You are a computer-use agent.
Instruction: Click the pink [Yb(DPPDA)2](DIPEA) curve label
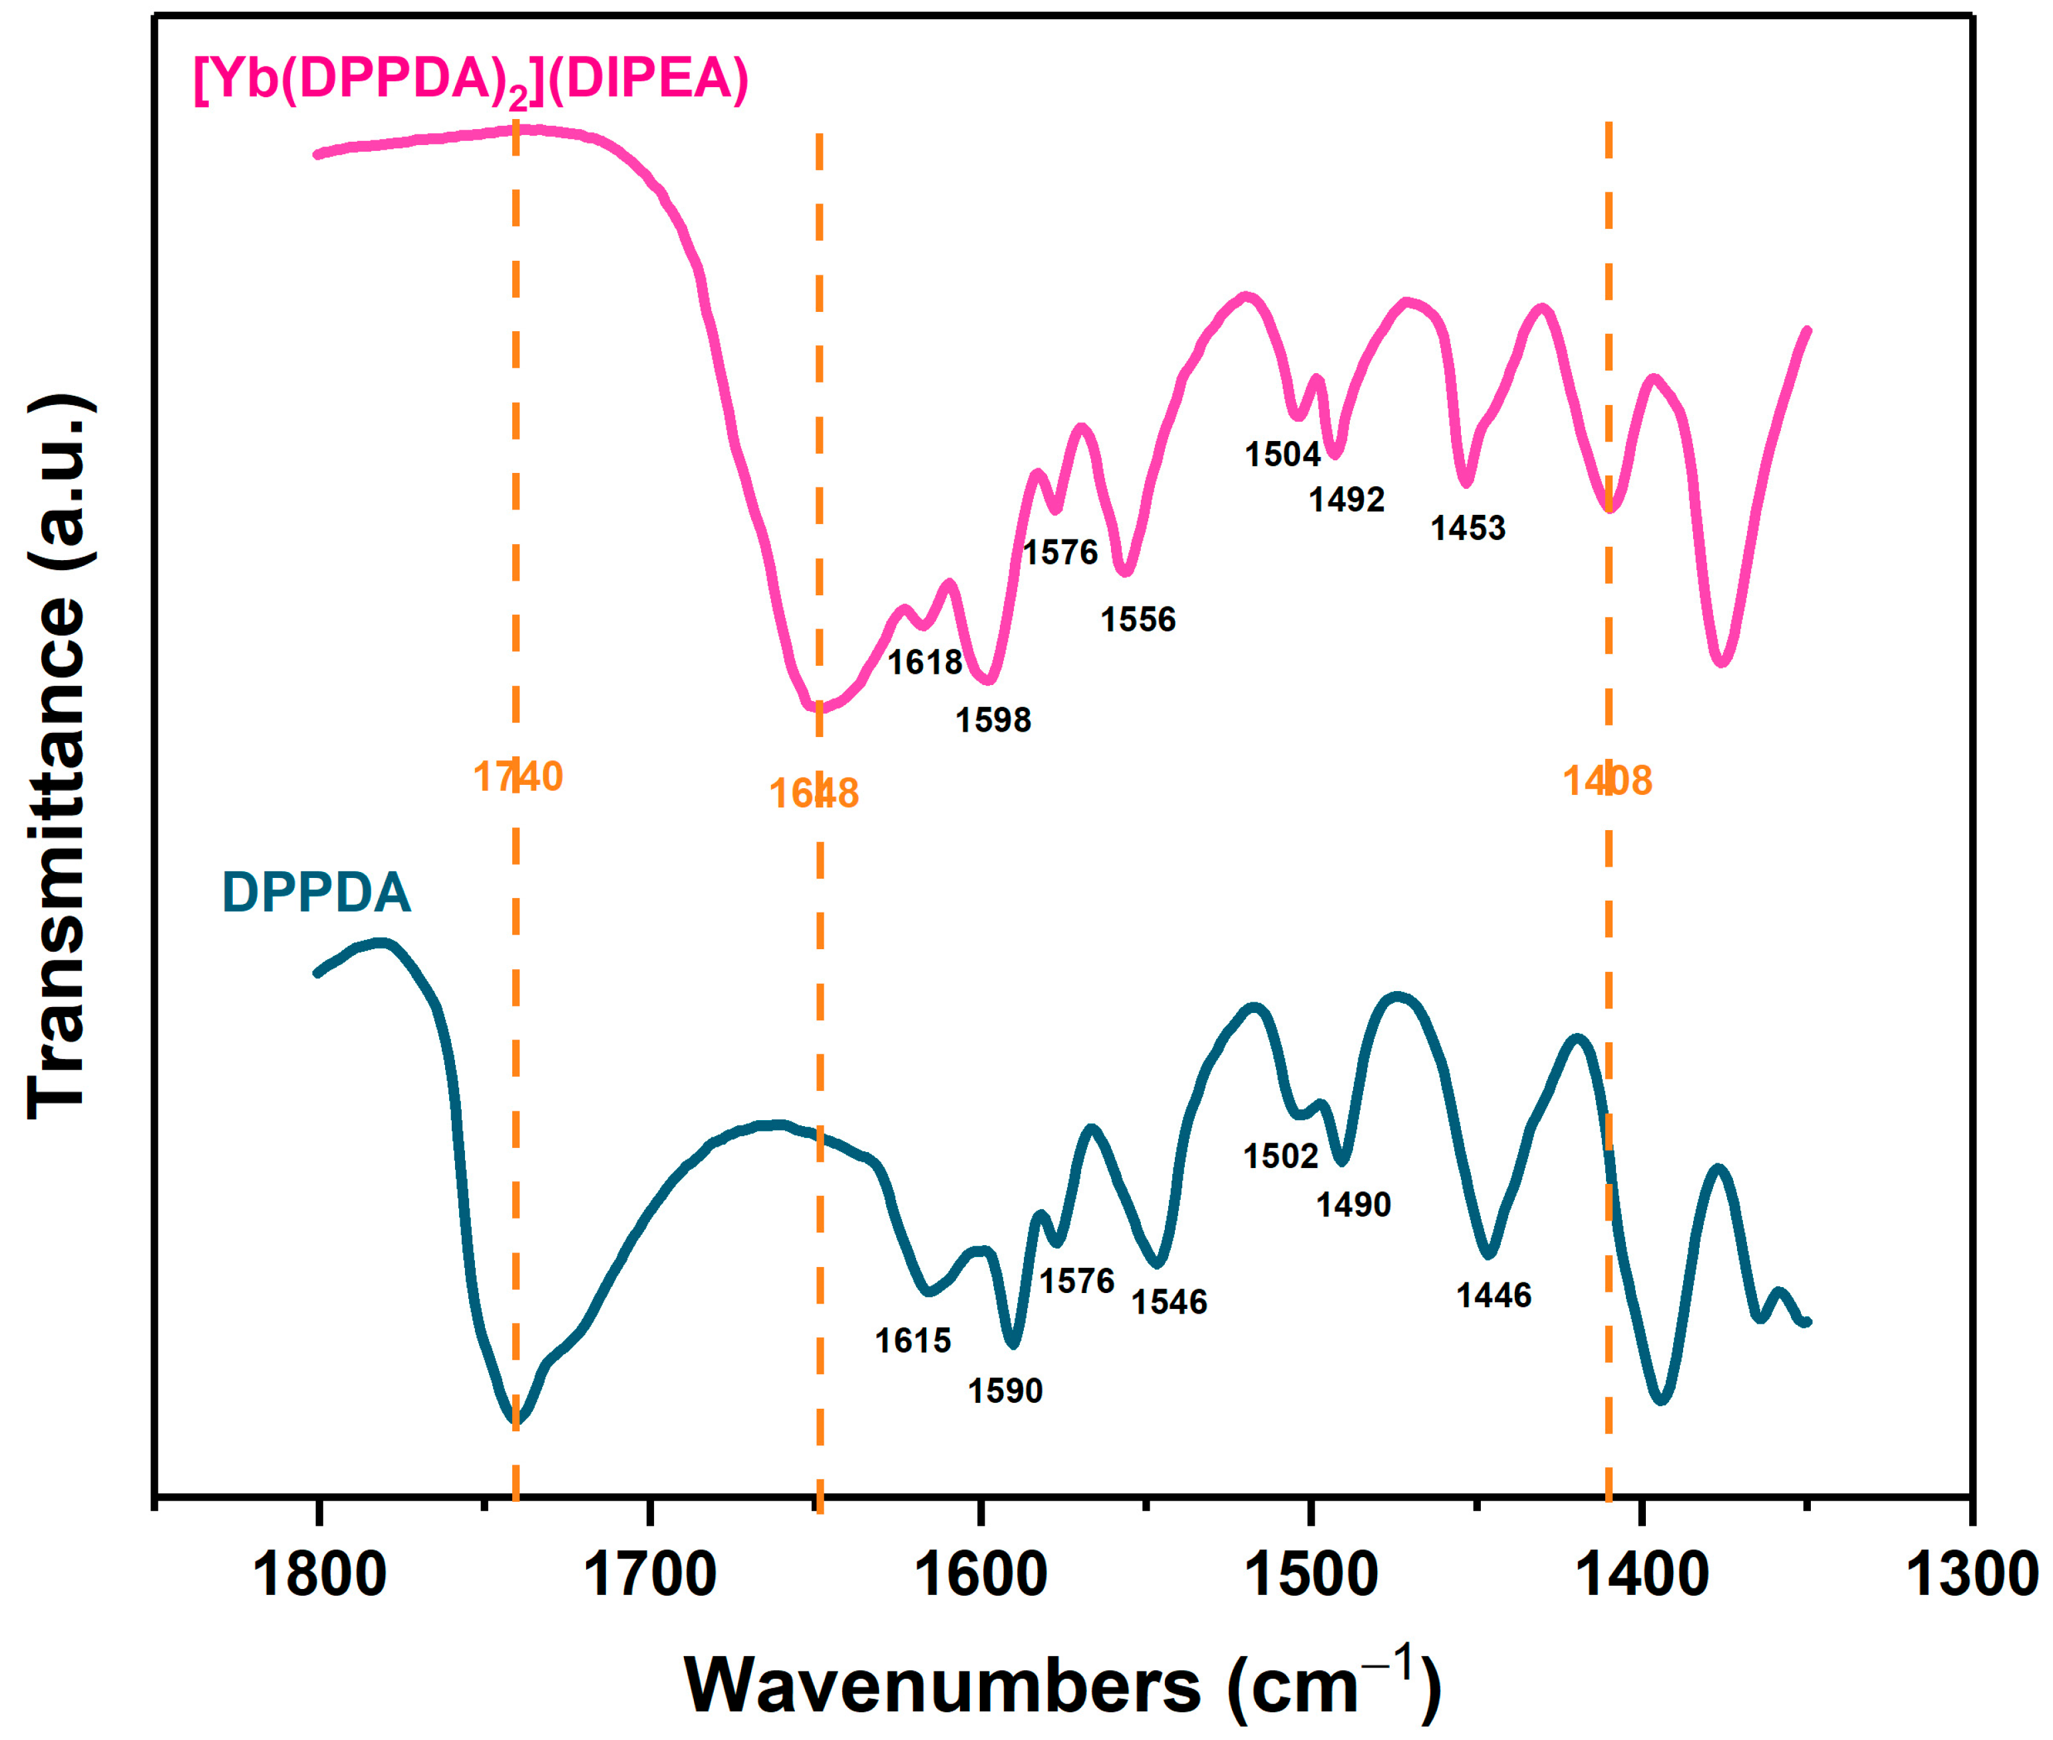(470, 79)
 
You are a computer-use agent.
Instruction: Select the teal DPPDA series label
(316, 893)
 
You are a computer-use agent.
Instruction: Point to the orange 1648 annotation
(814, 793)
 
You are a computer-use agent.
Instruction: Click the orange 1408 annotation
(1607, 780)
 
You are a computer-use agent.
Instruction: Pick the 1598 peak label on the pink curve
(993, 720)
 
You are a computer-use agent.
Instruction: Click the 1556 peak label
(1138, 619)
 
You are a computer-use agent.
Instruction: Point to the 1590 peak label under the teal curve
(1005, 1391)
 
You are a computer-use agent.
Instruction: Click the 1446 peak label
(1494, 1295)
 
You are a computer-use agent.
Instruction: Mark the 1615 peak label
(913, 1340)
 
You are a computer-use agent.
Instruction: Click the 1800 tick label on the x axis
(319, 1574)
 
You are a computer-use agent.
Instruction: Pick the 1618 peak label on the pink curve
(925, 662)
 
